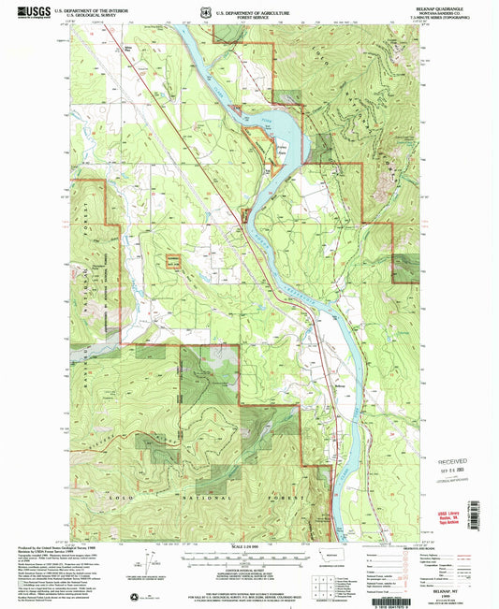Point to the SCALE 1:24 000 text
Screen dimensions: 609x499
[x=248, y=547]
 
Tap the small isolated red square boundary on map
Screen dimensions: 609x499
[x=173, y=263]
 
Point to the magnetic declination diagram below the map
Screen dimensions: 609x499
[x=142, y=564]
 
